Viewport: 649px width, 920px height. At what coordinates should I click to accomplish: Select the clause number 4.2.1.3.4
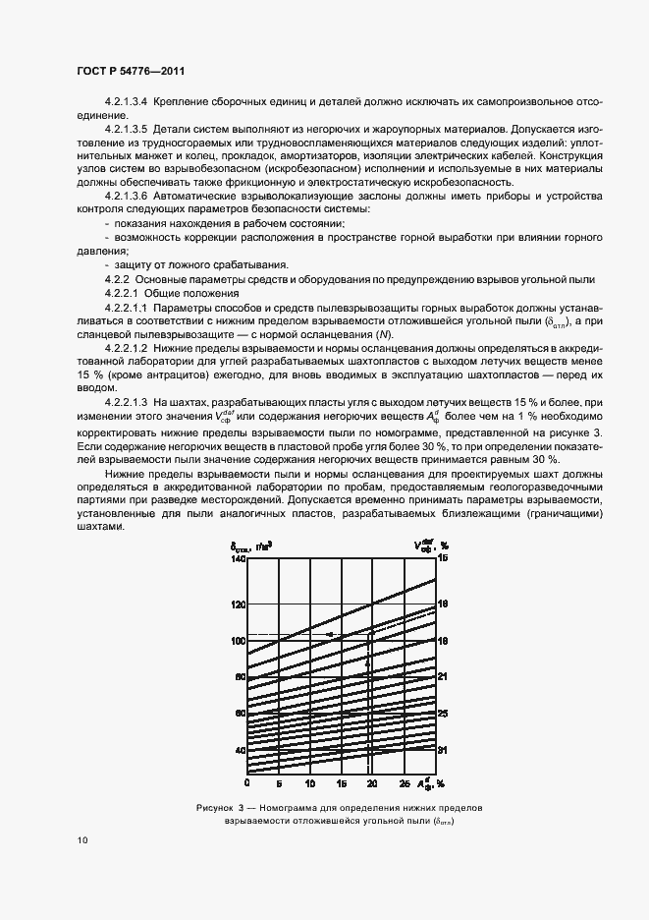pyautogui.click(x=126, y=102)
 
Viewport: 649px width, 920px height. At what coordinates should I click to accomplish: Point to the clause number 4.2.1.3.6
pyautogui.click(x=126, y=198)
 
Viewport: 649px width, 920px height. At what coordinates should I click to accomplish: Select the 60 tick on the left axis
pyautogui.click(x=239, y=713)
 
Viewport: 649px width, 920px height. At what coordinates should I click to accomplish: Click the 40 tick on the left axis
pyautogui.click(x=239, y=750)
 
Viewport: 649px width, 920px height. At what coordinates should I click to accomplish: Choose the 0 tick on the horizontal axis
pyautogui.click(x=247, y=784)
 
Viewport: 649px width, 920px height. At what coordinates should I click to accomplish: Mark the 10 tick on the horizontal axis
pyautogui.click(x=310, y=784)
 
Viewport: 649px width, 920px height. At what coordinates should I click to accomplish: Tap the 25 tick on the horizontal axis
pyautogui.click(x=405, y=784)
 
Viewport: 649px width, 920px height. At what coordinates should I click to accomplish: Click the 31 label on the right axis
pyautogui.click(x=443, y=750)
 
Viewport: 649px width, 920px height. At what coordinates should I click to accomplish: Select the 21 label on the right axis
pyautogui.click(x=443, y=676)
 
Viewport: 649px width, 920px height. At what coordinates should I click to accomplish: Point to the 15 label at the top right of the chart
pyautogui.click(x=443, y=558)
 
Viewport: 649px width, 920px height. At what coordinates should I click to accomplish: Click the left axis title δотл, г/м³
pyautogui.click(x=244, y=544)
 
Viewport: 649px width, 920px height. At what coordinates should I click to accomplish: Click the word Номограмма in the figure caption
pyautogui.click(x=291, y=807)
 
